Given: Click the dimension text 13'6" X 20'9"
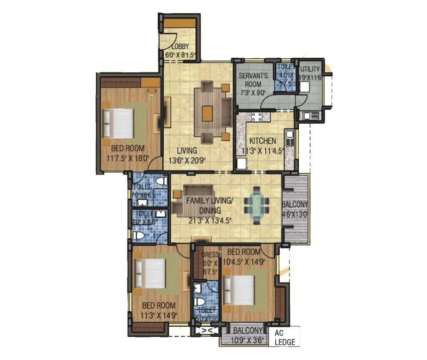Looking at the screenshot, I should (x=187, y=161).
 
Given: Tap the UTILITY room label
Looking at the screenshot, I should (x=310, y=69).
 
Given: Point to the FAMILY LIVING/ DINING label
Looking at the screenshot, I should (x=210, y=205).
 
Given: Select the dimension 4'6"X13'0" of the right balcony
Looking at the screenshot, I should (x=295, y=214).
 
